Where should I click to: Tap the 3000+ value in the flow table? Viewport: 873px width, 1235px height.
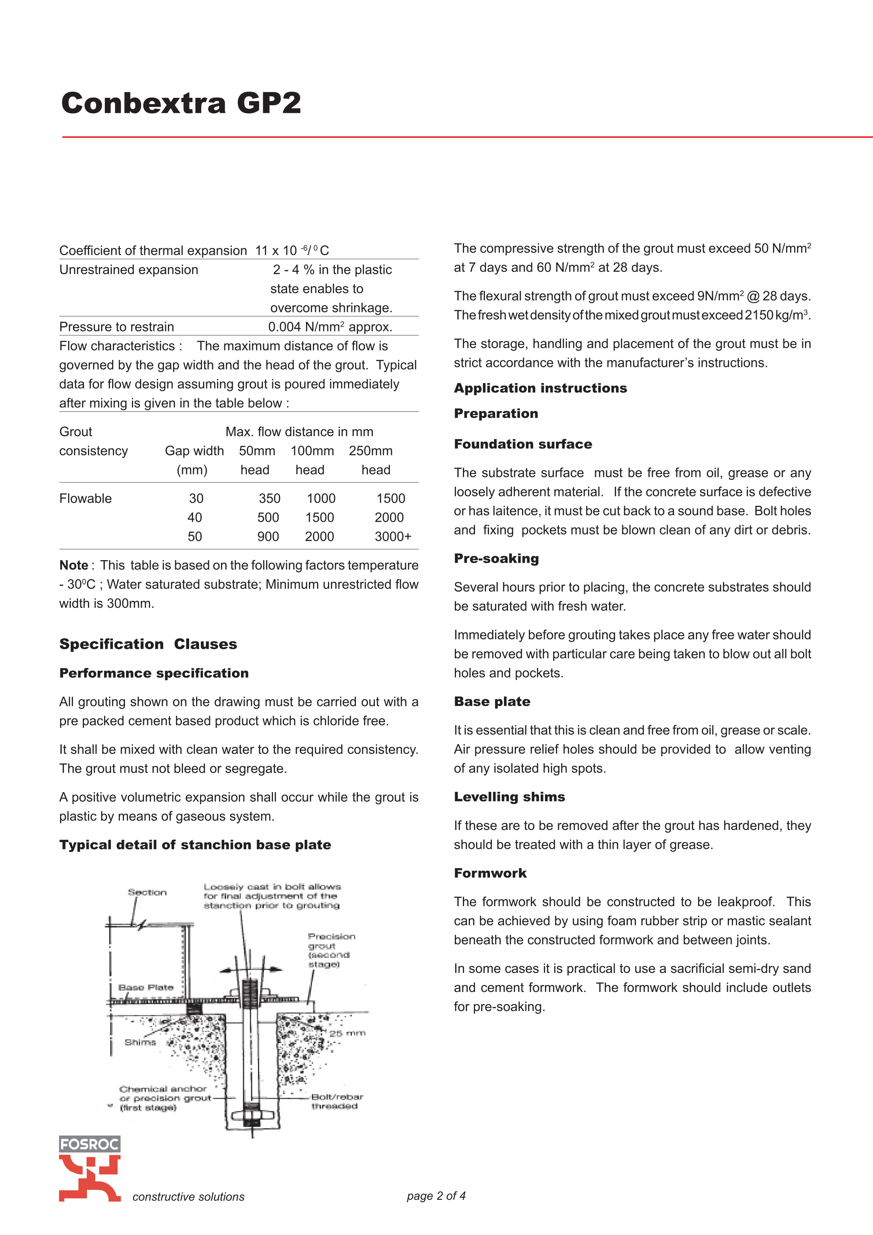coord(393,536)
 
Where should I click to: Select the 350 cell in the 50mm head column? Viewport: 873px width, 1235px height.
coord(269,499)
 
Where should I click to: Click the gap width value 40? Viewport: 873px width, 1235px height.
coord(195,518)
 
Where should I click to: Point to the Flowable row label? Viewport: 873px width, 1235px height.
coord(85,499)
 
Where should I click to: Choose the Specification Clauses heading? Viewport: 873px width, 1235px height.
coord(148,644)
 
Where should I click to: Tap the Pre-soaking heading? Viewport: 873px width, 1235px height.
coord(496,558)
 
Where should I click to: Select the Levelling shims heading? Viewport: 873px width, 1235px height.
coord(509,797)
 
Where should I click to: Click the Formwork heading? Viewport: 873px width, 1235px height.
coord(490,873)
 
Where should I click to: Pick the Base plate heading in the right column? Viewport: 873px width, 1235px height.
coord(491,701)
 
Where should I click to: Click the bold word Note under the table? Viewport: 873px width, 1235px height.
coord(74,565)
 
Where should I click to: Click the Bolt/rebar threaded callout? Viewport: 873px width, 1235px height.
coord(337,1101)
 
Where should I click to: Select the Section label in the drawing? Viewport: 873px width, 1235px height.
coord(147,892)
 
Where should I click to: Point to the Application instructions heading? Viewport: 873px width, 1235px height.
coord(540,388)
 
